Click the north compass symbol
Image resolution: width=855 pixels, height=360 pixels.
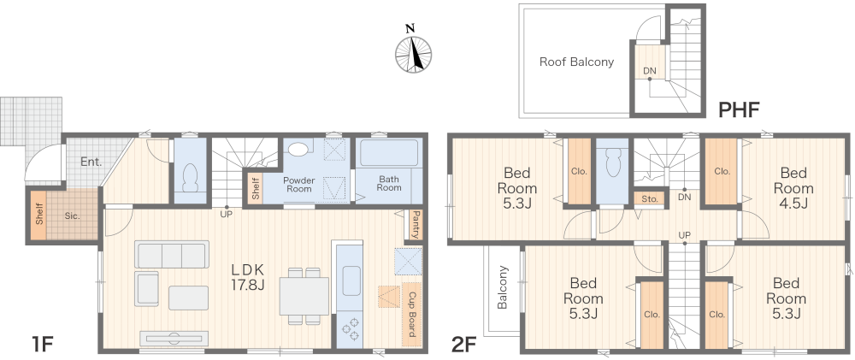[413, 53]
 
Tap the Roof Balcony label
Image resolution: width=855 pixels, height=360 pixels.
[576, 62]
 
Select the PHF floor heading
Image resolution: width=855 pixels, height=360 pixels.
[739, 109]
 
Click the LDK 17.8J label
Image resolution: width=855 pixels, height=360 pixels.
[248, 276]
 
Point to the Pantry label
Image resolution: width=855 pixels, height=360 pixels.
[415, 225]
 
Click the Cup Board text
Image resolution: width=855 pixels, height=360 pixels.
[412, 314]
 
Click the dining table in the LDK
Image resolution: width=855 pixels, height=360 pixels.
[304, 296]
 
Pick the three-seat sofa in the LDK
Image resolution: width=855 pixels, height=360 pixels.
[172, 255]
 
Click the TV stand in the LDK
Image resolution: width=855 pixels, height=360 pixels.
[174, 338]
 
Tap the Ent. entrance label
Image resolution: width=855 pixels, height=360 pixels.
[91, 162]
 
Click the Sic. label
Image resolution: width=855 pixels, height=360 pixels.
[72, 215]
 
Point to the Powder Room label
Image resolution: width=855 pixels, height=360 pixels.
[298, 185]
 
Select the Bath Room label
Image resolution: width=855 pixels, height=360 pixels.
[389, 183]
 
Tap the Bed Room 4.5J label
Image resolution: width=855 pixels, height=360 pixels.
[793, 188]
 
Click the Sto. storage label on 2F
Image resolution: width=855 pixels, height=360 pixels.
[650, 199]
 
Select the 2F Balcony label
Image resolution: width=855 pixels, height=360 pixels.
[503, 287]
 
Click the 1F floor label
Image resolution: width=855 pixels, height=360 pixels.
[42, 345]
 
